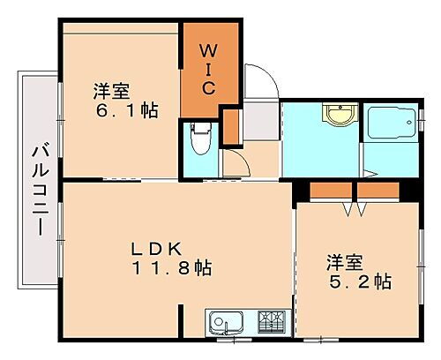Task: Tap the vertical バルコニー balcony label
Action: click(x=39, y=188)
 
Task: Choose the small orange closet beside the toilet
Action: click(x=231, y=126)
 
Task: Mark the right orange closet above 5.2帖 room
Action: click(x=379, y=191)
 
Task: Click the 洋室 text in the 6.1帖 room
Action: click(x=113, y=90)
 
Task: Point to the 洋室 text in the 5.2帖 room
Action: click(x=345, y=261)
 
